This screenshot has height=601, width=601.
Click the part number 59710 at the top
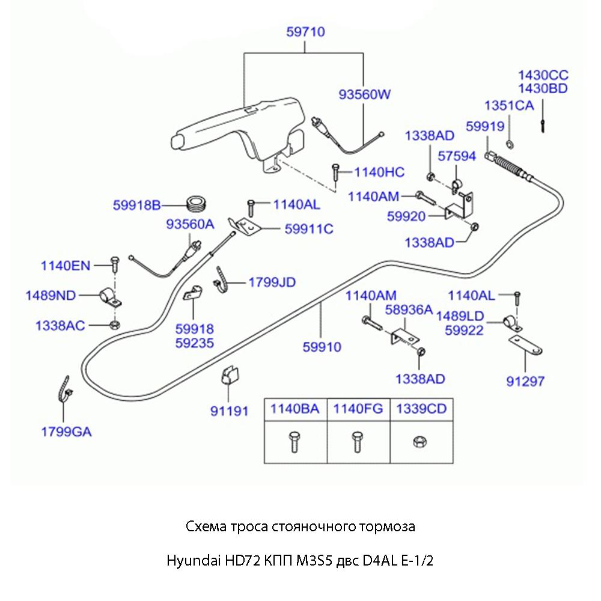(305, 32)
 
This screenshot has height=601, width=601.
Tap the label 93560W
(364, 94)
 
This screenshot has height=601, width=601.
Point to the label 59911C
(309, 228)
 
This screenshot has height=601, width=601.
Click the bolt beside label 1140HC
(335, 173)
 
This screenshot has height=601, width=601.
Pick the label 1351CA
(509, 106)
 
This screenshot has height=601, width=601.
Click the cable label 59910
(322, 347)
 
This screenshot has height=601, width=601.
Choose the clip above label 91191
(228, 376)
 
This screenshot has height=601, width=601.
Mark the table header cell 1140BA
(294, 409)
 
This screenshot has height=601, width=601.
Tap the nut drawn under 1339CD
(419, 441)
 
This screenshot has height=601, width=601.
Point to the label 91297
(525, 380)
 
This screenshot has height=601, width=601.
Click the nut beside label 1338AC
(114, 326)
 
